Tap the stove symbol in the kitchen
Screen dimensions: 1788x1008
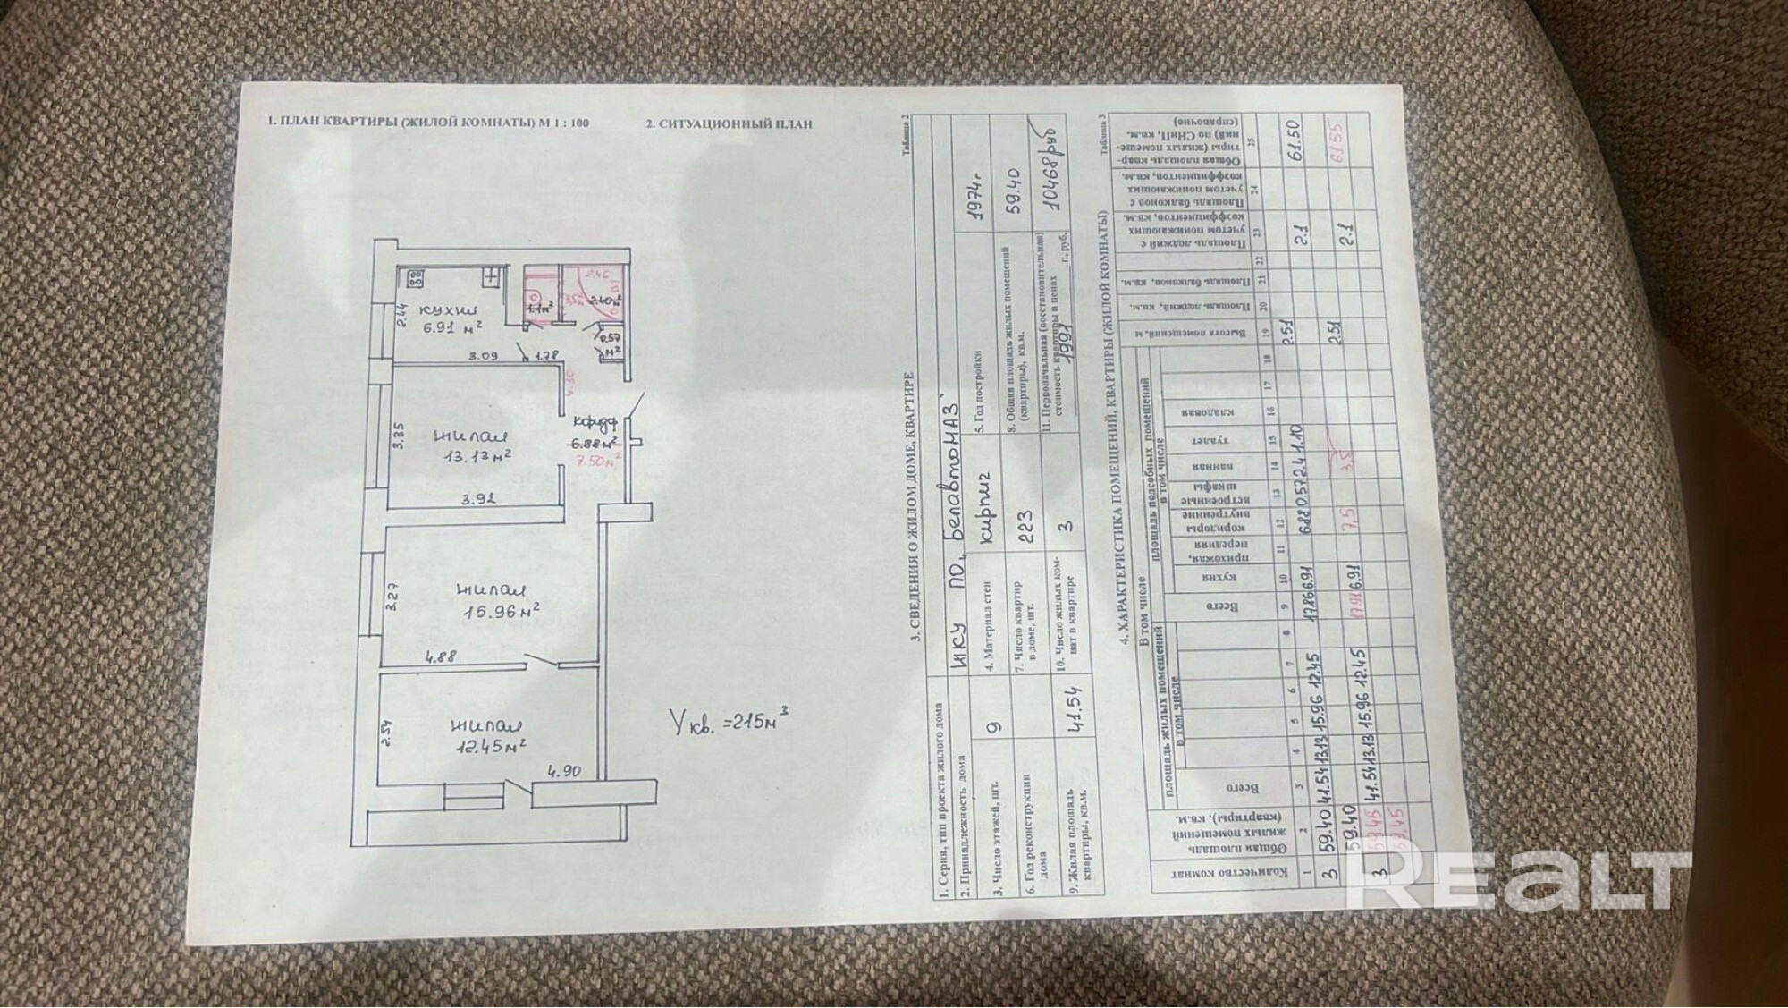[415, 278]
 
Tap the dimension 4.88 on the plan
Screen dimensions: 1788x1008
[442, 656]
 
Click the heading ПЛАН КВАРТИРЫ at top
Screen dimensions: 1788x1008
[428, 123]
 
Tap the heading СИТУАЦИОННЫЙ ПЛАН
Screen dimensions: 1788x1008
[729, 124]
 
